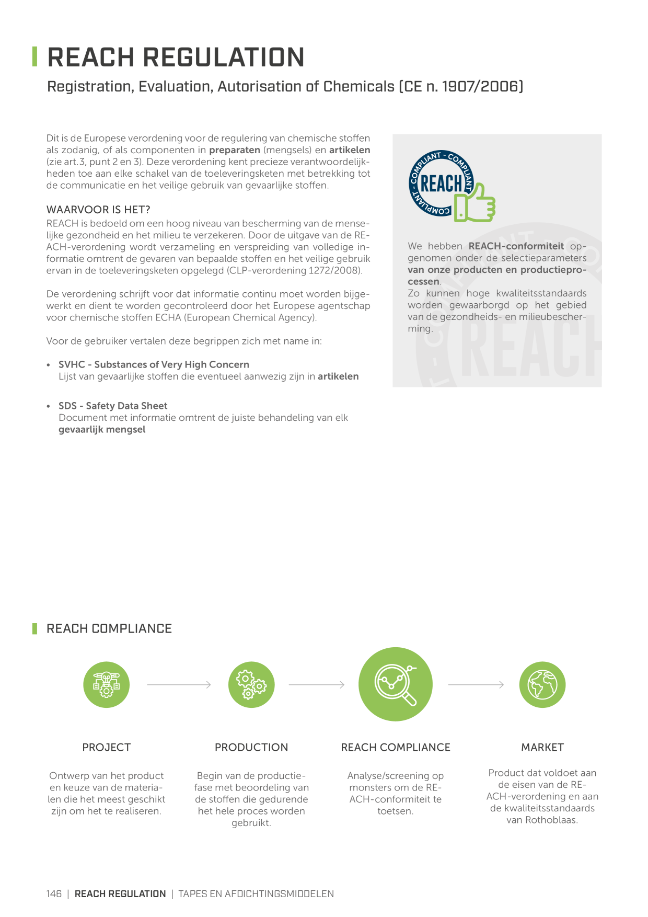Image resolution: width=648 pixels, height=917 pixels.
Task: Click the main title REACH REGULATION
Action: (176, 57)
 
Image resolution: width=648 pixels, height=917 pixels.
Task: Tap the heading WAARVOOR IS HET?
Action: (98, 210)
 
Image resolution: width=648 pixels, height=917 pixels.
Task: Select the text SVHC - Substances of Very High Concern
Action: (154, 364)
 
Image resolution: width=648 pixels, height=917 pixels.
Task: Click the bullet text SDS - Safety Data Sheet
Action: (113, 406)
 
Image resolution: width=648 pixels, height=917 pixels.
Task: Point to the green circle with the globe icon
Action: (542, 685)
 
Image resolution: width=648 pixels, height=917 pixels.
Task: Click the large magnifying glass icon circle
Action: (396, 684)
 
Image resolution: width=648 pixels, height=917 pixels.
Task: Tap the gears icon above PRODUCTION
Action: (251, 685)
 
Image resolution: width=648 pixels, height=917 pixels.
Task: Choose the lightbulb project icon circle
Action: (107, 685)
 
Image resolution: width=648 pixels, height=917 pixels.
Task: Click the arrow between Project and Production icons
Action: (179, 685)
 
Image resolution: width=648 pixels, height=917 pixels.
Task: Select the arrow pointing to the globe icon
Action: (476, 685)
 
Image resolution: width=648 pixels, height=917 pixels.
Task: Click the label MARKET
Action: (542, 748)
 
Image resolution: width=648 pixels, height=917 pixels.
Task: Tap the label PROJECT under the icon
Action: (107, 748)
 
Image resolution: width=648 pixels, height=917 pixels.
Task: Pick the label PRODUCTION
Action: (251, 748)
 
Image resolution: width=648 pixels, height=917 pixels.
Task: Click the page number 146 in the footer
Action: (54, 894)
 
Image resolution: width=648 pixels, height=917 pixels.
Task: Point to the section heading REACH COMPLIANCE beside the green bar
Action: (109, 628)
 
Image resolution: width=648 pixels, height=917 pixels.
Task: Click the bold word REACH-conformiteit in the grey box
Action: (516, 246)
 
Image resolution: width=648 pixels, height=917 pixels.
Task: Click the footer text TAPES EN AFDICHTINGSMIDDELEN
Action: (256, 894)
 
